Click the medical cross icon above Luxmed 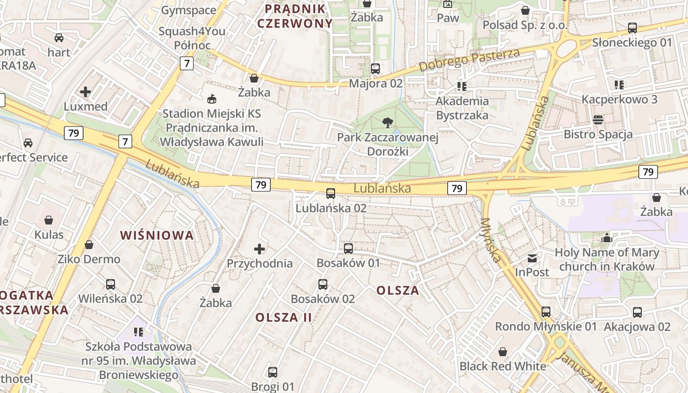coord(86,92)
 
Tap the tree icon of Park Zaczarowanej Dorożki coord(387,123)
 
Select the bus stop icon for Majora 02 coord(375,69)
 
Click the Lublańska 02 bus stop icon coord(331,194)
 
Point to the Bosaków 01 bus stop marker coord(348,249)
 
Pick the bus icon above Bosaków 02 coord(323,284)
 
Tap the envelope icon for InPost coord(532,258)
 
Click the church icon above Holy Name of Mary coord(607,238)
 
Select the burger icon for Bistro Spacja coord(598,119)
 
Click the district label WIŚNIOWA coord(157,235)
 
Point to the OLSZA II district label coord(284,317)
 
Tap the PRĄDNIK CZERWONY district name coord(295,16)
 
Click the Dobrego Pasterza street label coord(469,60)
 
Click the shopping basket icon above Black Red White coord(503,352)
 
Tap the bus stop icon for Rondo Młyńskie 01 coord(546,312)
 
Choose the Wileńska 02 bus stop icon coord(111,284)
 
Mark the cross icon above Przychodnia coord(259,249)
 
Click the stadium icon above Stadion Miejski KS coord(212,99)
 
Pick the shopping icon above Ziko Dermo coord(89,245)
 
